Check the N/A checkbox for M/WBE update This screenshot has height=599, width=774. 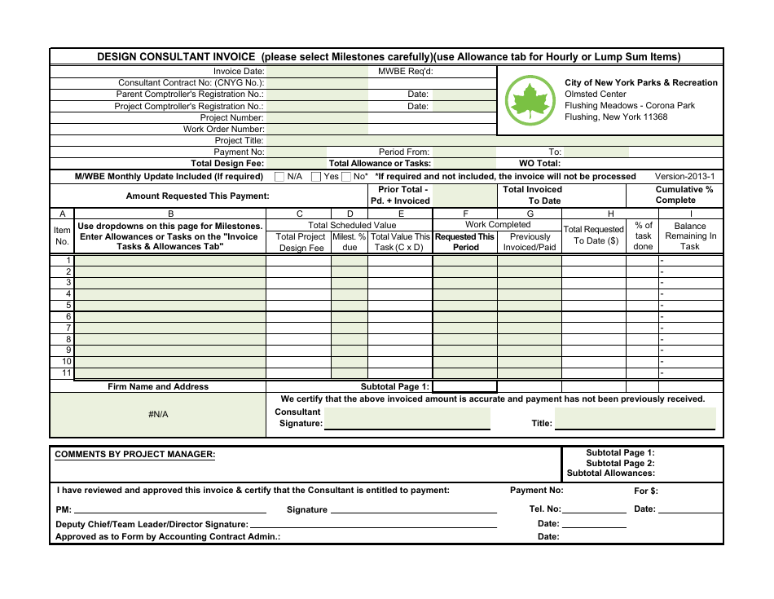click(279, 176)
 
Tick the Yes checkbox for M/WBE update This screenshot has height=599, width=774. click(316, 176)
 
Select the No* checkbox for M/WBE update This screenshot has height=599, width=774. click(346, 176)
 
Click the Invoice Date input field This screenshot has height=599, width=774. click(317, 72)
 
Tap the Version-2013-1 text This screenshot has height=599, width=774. click(684, 176)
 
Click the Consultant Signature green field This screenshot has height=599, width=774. click(407, 419)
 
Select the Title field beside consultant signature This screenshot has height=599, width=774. click(635, 419)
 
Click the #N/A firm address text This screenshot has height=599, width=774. click(158, 415)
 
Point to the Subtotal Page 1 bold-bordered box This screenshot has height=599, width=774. click(464, 387)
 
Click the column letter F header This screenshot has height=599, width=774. click(465, 214)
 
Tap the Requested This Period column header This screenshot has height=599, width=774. click(465, 242)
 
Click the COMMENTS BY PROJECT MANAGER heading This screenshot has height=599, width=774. click(135, 454)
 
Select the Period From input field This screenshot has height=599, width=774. click(464, 152)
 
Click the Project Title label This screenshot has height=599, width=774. click(239, 140)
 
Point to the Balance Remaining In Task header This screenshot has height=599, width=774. click(690, 236)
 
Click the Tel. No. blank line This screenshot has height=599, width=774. click(595, 510)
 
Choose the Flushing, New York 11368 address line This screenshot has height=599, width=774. click(616, 117)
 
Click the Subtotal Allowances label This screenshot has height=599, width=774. click(611, 473)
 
